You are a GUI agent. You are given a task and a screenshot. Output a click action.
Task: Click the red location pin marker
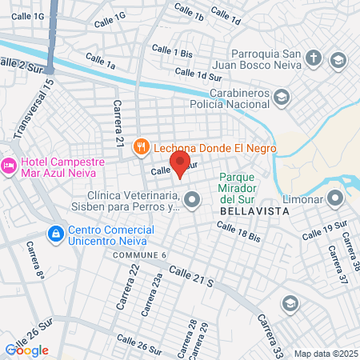pyautogui.click(x=180, y=165)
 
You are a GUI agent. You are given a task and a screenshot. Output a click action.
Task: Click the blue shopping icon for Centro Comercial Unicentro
pyautogui.click(x=55, y=234)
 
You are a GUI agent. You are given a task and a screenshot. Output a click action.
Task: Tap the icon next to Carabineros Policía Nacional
pyautogui.click(x=281, y=98)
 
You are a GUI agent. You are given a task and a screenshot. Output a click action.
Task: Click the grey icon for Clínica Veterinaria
pyautogui.click(x=191, y=200)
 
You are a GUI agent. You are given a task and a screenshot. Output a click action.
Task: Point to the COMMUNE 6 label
pyautogui.click(x=139, y=255)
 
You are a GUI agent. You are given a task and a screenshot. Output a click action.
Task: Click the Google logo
pyautogui.click(x=26, y=350)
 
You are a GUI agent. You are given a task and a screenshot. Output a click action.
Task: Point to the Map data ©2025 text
pyautogui.click(x=324, y=353)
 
